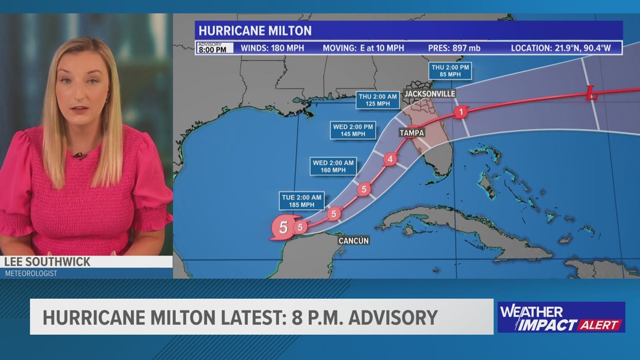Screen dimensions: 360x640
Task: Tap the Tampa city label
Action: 412,133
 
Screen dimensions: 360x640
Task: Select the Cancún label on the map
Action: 354,240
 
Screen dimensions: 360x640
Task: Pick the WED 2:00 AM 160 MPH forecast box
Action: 333,167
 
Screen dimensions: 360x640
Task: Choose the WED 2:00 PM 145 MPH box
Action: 353,130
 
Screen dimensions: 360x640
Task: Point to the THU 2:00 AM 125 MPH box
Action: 378,100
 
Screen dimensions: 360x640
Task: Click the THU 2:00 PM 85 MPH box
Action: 450,70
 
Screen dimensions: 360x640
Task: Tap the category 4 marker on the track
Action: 390,160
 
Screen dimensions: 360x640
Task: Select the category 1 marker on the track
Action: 460,112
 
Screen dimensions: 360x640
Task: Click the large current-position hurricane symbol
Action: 283,228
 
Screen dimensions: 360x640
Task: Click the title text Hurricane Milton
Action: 255,30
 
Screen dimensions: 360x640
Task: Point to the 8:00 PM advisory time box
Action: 212,48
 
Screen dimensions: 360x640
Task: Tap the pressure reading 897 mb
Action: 452,48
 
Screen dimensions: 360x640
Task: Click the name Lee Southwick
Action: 47,262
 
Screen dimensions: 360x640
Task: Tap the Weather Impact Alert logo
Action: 561,317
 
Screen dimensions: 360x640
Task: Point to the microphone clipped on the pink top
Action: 79,155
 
